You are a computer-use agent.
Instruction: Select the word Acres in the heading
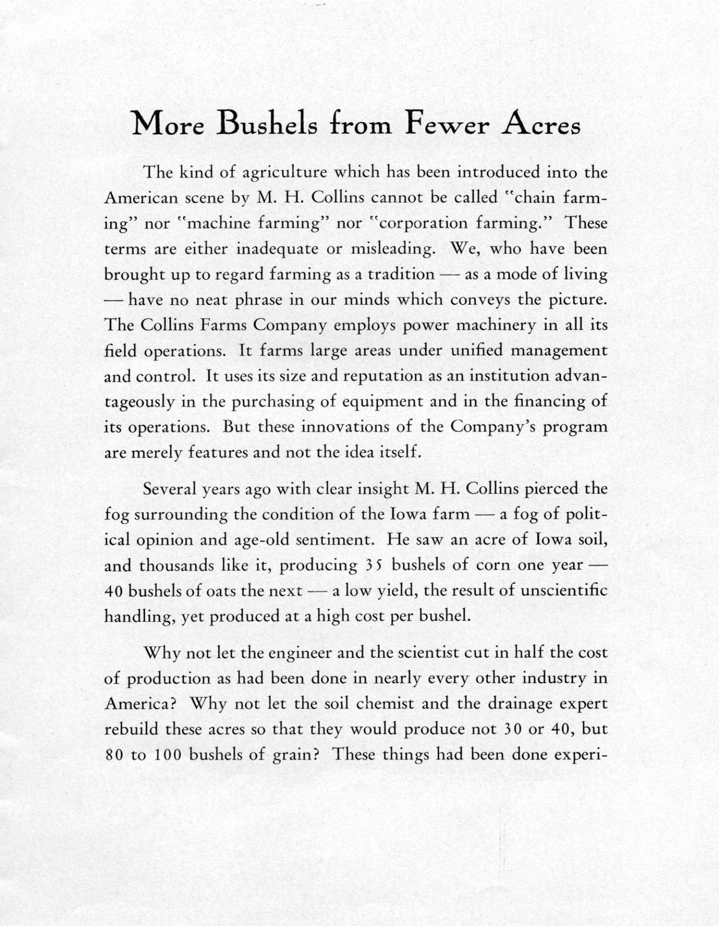[541, 124]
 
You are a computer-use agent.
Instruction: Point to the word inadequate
[277, 249]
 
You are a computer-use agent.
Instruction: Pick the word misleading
[392, 249]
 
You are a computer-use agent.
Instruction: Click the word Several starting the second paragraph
[170, 489]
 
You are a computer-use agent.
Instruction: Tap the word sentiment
[335, 540]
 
